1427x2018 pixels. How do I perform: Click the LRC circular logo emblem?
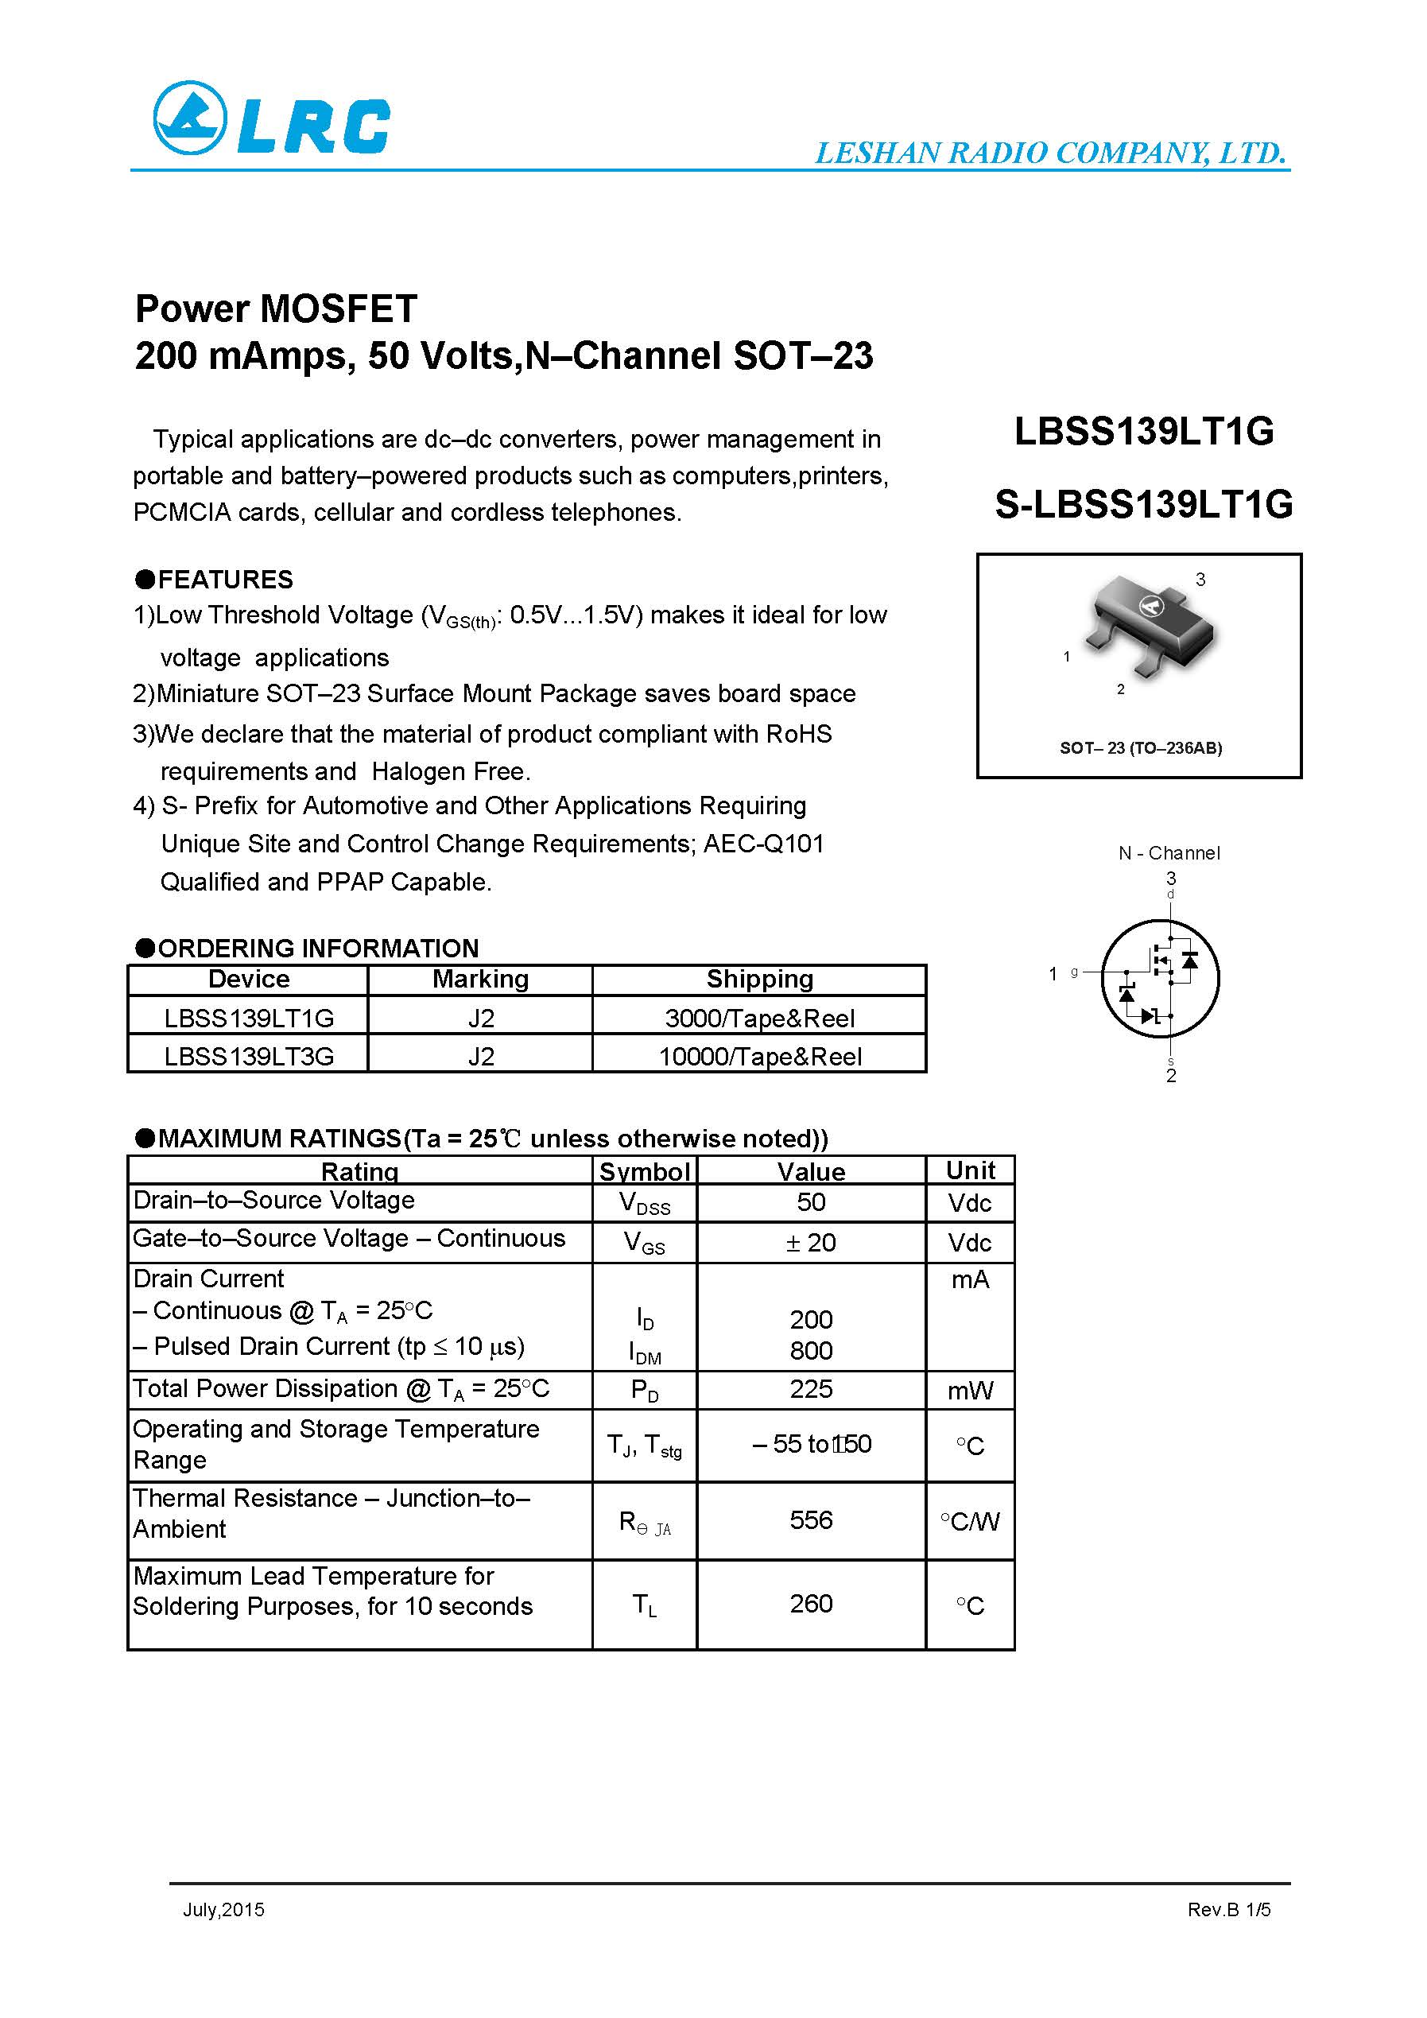click(190, 118)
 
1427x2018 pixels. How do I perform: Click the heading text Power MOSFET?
click(276, 309)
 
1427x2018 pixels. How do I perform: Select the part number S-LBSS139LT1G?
click(1143, 504)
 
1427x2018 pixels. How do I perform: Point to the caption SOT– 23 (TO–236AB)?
click(1141, 748)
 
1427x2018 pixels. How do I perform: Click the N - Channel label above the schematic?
click(1169, 852)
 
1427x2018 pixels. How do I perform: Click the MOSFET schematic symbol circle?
click(1160, 978)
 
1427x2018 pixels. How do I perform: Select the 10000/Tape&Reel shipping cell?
click(760, 1056)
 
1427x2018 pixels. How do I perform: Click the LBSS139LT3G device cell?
click(249, 1056)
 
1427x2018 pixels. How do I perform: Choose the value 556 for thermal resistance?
click(810, 1519)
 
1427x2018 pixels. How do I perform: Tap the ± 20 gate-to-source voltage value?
click(810, 1243)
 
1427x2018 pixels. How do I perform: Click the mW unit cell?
click(970, 1391)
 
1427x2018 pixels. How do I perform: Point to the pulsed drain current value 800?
click(810, 1350)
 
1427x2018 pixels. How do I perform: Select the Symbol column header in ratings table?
click(645, 1170)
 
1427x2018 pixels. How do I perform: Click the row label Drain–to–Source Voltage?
click(273, 1201)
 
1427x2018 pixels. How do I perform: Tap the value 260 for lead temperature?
click(810, 1604)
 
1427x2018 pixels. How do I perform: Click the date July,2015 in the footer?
click(223, 1909)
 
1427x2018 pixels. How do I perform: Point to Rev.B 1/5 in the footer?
click(1228, 1909)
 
